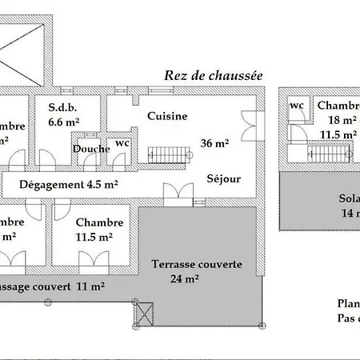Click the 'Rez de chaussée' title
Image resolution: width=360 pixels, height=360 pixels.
coord(214,75)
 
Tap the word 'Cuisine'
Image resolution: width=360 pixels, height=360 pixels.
coord(167,116)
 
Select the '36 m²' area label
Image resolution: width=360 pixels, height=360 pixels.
coord(215,144)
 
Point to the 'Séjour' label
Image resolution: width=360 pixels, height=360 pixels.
coord(223,178)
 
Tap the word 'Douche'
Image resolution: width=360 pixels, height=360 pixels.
coord(90,149)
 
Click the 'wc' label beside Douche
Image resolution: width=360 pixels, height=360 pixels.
coord(122,143)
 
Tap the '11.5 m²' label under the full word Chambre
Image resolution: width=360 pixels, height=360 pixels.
coord(94,237)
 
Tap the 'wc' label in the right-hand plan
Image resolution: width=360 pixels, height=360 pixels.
coord(296,106)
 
